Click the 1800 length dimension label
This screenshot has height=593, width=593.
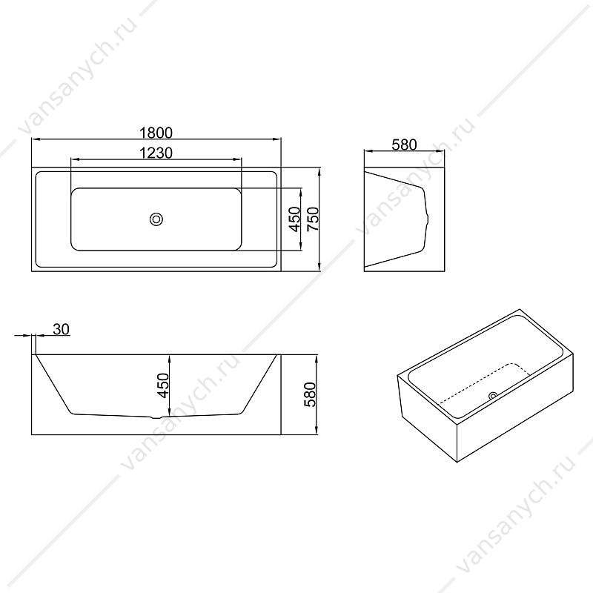point(156,133)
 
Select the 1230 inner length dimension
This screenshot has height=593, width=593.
point(156,153)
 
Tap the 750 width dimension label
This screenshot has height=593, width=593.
point(313,219)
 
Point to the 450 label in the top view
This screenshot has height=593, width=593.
point(294,219)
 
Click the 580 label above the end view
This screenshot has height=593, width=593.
point(404,145)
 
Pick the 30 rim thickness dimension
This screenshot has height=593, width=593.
point(62,329)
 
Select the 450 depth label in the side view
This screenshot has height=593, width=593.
point(163,385)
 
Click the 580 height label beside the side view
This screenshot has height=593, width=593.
point(310,394)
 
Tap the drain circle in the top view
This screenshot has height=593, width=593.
point(156,219)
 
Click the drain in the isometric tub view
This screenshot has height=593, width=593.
point(493,396)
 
